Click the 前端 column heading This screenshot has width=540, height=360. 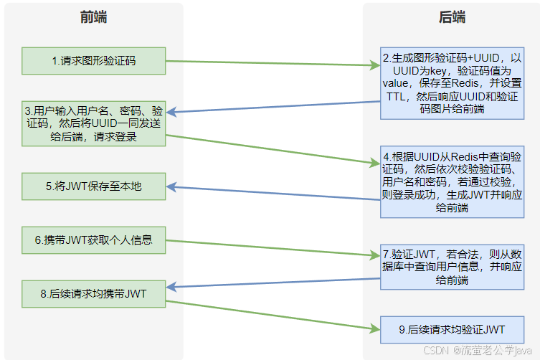[x=93, y=18]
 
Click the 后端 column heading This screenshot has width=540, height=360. [x=452, y=18]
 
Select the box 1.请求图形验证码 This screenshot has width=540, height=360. [x=93, y=61]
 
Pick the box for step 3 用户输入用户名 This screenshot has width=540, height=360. [x=93, y=124]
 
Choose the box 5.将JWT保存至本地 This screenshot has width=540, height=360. [x=93, y=186]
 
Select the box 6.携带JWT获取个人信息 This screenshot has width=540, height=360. [x=93, y=240]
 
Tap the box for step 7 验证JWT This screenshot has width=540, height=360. [x=452, y=266]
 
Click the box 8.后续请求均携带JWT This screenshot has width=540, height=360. [x=93, y=293]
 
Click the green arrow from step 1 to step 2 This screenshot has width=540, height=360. [x=273, y=64]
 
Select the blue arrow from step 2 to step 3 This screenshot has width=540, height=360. [x=273, y=107]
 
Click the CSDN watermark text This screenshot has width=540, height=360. [x=435, y=350]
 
